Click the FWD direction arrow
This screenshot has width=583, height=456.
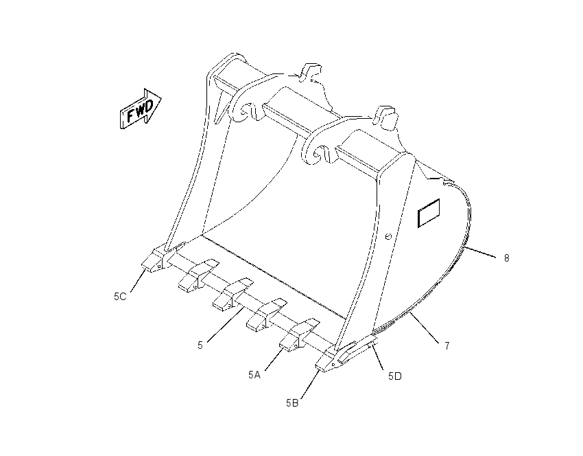140,109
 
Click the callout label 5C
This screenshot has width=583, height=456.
120,297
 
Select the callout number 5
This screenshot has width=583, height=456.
200,345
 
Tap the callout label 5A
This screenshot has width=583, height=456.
254,375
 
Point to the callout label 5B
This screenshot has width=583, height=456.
292,403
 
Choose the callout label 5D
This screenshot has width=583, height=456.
395,376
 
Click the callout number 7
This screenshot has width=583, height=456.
447,346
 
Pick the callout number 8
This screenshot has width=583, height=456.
506,258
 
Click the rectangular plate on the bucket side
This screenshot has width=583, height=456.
429,213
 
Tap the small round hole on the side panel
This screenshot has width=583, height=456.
388,236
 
